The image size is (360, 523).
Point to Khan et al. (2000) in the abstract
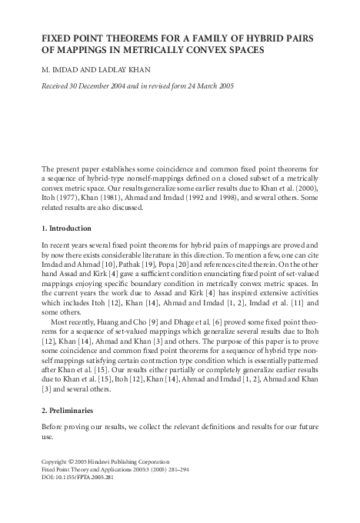290,187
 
